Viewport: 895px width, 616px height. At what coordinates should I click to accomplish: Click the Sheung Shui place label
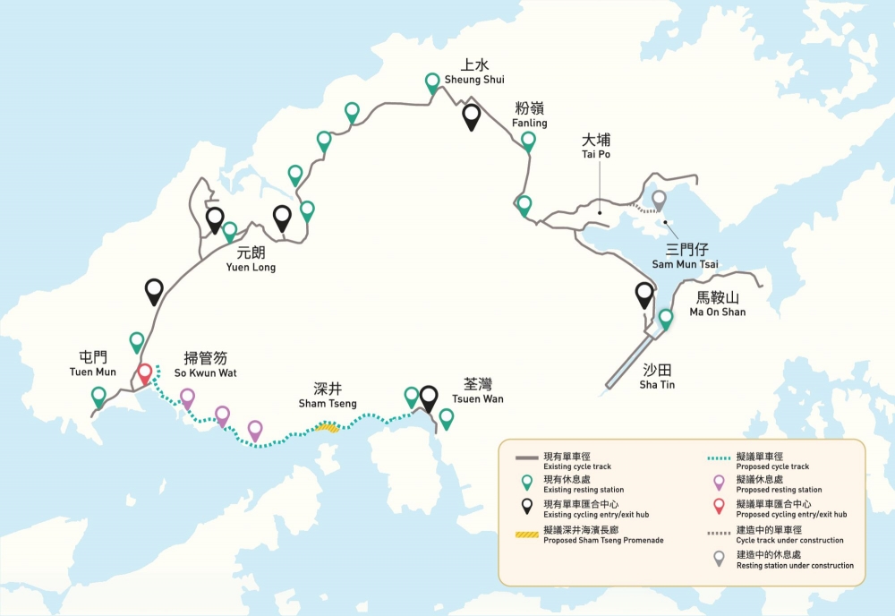(474, 72)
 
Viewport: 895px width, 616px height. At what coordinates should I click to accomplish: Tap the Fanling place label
(529, 115)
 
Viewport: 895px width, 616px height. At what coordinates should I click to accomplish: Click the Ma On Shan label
(717, 304)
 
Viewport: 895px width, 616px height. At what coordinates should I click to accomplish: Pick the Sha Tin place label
(657, 377)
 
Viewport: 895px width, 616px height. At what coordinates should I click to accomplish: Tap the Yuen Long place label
(251, 259)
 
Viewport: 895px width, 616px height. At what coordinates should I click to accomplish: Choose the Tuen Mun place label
(93, 364)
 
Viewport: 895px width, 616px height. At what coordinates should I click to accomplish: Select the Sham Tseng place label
(328, 396)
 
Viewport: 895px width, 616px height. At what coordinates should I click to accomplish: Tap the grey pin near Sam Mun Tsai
(659, 200)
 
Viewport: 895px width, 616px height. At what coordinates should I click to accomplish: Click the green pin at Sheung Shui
(433, 82)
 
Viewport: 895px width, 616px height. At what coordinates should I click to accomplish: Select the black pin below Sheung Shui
(471, 115)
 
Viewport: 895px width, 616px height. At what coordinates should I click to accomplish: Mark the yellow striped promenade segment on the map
(328, 428)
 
